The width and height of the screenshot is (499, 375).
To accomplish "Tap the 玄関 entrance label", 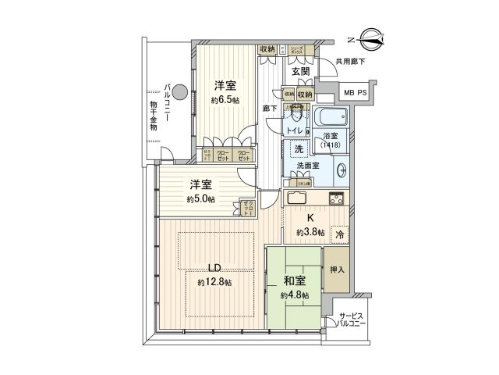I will tap(301, 71).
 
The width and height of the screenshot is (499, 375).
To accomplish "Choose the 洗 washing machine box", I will tap(299, 150).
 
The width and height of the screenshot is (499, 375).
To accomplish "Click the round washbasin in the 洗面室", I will tap(342, 172).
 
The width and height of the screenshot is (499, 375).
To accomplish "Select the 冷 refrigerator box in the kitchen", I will tap(339, 233).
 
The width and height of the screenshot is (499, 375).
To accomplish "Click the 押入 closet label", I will tap(337, 270).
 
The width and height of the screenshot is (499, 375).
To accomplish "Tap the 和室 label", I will tap(295, 278).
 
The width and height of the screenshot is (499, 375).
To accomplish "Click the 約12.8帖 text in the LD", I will tap(214, 282).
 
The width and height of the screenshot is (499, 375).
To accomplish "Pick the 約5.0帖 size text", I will tap(200, 199).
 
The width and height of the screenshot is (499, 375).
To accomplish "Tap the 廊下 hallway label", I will tap(271, 109).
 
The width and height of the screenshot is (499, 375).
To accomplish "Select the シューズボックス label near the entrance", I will tap(296, 50).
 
